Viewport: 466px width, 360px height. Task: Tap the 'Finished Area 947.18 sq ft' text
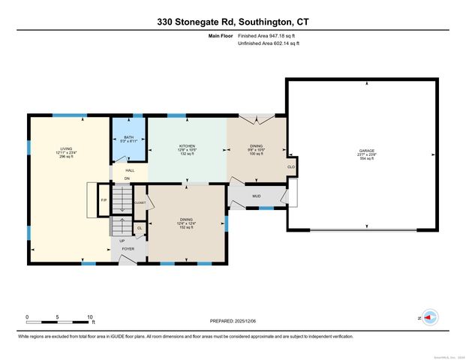(268, 36)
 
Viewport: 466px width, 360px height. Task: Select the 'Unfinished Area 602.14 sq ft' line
(268, 43)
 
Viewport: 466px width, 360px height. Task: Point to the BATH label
(128, 139)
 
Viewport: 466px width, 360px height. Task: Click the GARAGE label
(366, 154)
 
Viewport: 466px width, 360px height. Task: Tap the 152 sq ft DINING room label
(186, 222)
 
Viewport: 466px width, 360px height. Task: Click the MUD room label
(256, 196)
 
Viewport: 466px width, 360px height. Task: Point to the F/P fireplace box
(104, 201)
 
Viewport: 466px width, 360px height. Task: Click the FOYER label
(128, 247)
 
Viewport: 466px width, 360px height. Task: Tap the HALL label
(130, 171)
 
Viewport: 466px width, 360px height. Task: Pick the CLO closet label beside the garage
(290, 167)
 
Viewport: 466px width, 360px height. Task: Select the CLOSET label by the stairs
(140, 202)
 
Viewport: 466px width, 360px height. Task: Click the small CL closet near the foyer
(139, 228)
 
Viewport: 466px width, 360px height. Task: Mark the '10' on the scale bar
(89, 317)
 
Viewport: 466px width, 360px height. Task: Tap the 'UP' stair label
(122, 241)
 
